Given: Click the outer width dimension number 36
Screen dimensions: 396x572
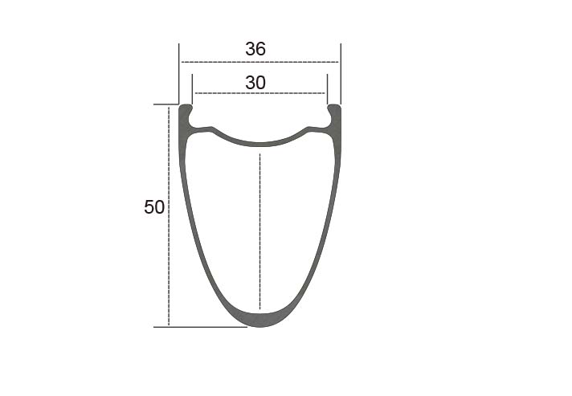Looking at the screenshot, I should [255, 49].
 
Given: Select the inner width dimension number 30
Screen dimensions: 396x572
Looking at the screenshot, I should [255, 83].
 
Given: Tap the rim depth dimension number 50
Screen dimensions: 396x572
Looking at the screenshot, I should [154, 207].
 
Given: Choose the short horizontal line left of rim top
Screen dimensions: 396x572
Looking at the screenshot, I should [165, 104].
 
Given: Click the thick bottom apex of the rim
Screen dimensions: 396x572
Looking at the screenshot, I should [259, 320].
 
